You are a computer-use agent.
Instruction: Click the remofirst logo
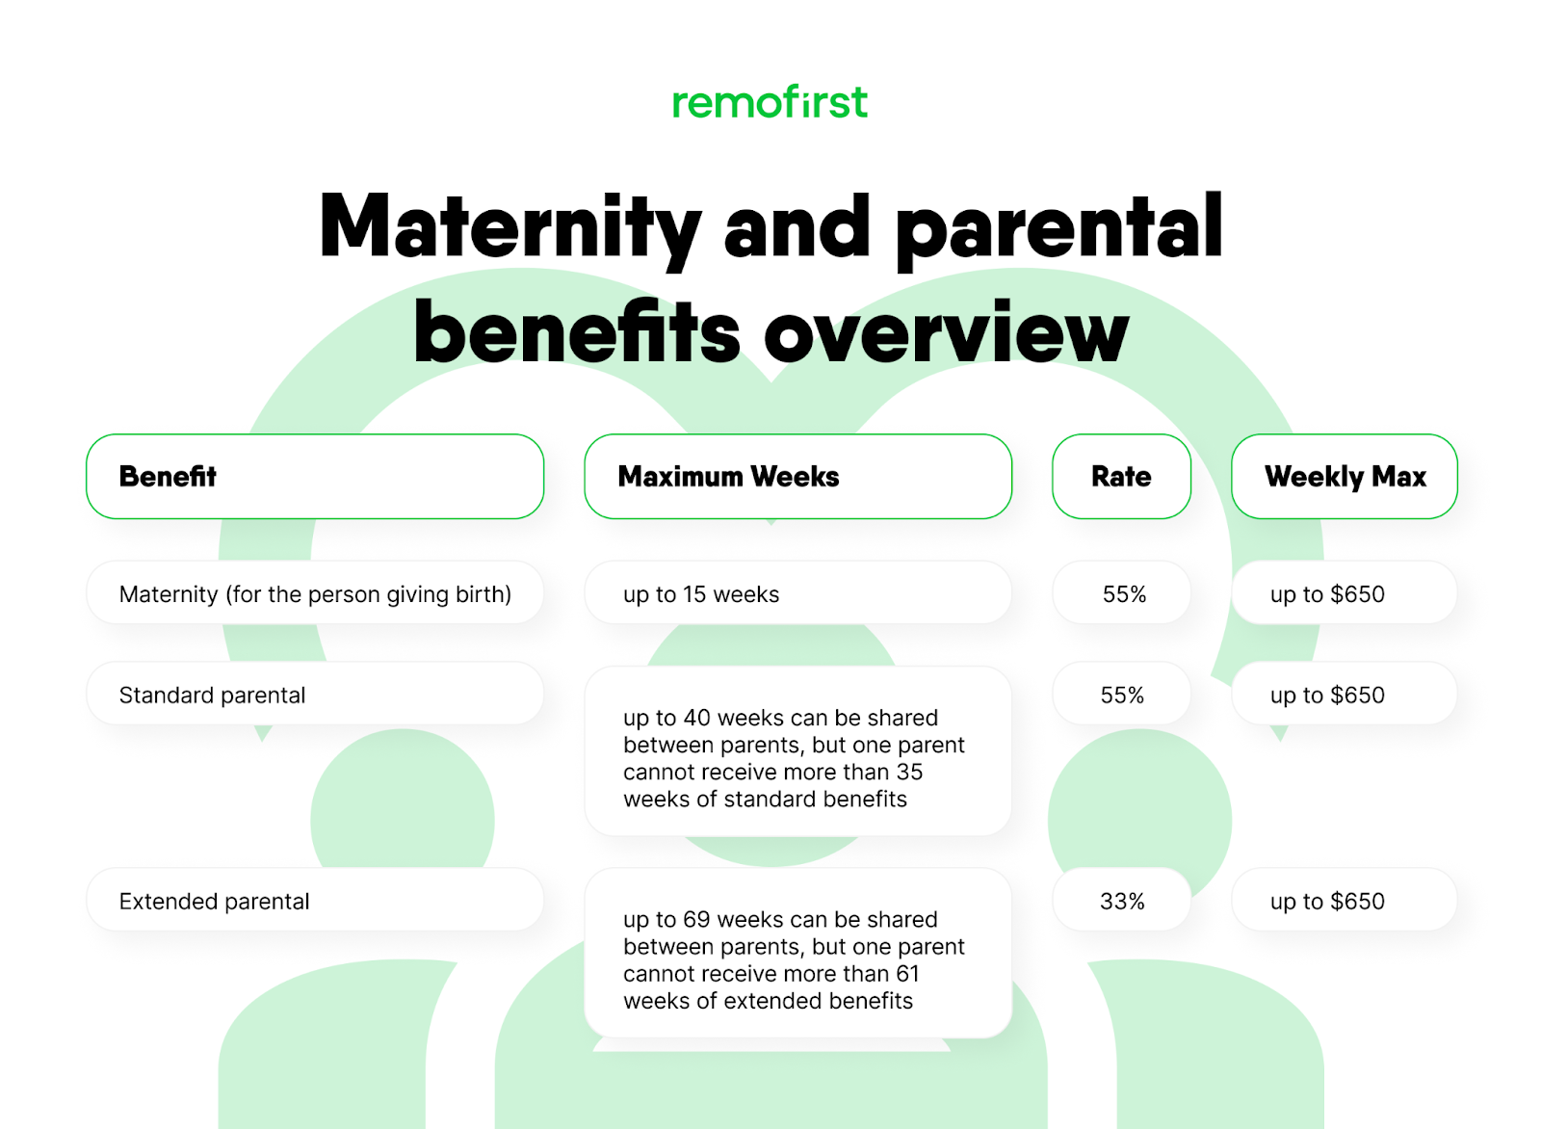click(770, 102)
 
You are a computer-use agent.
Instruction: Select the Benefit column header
click(315, 476)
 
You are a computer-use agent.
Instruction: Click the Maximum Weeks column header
click(797, 476)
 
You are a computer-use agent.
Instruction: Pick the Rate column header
click(1121, 476)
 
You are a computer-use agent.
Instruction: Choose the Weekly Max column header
click(1344, 476)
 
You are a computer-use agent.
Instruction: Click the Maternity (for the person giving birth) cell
click(315, 593)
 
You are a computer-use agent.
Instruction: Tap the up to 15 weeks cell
click(797, 593)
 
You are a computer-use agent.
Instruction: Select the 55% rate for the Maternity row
click(1123, 593)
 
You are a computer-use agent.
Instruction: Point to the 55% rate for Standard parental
click(1122, 695)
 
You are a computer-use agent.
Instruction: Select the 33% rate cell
click(1122, 901)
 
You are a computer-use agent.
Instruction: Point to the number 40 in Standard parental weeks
click(696, 718)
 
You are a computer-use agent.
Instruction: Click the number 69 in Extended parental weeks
click(696, 919)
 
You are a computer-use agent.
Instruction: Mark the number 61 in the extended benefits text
click(907, 973)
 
